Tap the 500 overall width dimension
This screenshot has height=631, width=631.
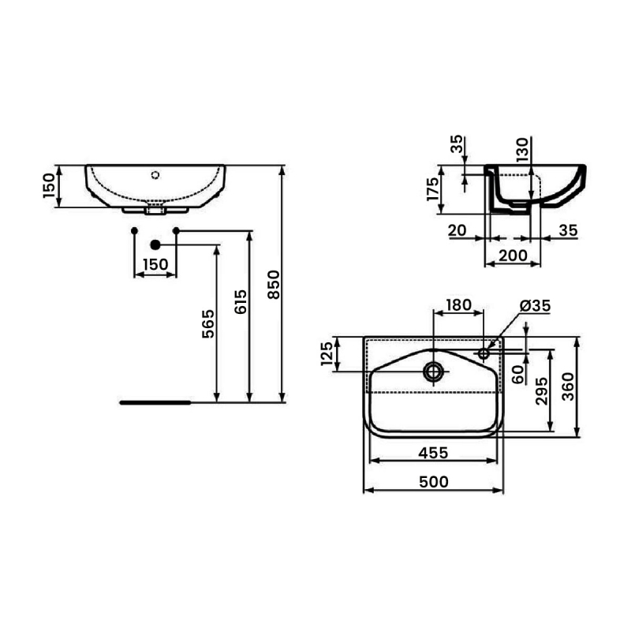pos(432,480)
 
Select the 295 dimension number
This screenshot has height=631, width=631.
pos(542,390)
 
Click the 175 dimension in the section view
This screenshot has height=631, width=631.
pos(433,190)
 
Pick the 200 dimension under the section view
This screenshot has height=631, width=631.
pos(514,256)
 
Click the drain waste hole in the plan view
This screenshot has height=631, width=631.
pos(432,372)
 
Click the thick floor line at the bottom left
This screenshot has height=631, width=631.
pos(155,401)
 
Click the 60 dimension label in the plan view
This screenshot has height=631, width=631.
pos(518,374)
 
